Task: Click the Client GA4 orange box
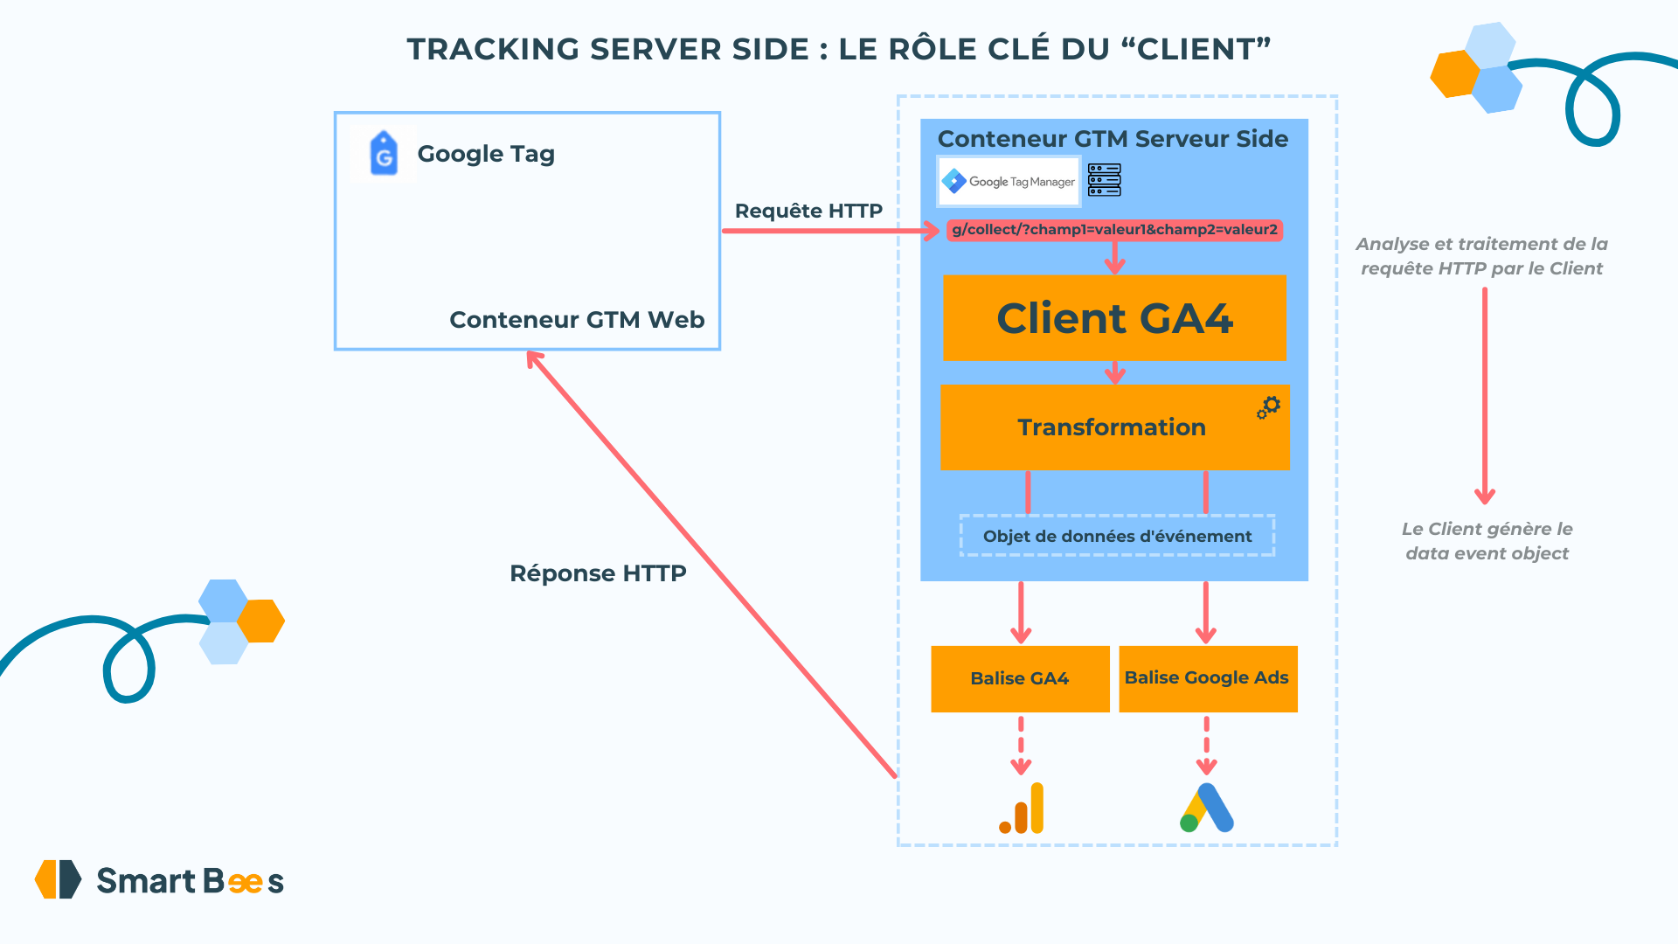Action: click(x=1114, y=318)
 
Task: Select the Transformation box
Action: click(x=1112, y=427)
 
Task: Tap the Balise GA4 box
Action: click(x=1020, y=679)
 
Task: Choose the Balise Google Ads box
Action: click(x=1207, y=679)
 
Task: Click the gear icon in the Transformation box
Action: click(x=1269, y=406)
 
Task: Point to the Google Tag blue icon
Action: click(x=384, y=154)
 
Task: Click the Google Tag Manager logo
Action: click(x=1009, y=182)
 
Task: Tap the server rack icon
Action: click(x=1105, y=180)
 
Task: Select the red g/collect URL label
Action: click(x=1114, y=230)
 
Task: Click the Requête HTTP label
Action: click(x=808, y=211)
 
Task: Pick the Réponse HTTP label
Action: click(x=598, y=573)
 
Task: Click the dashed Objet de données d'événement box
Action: click(x=1117, y=536)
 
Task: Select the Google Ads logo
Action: click(x=1207, y=809)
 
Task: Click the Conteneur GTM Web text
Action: click(x=577, y=320)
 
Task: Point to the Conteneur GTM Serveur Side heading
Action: click(x=1113, y=139)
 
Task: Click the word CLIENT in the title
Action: click(x=1196, y=50)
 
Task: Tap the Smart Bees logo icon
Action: click(x=58, y=879)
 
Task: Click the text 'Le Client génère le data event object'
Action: click(x=1487, y=541)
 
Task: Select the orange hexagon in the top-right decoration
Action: click(x=1454, y=74)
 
